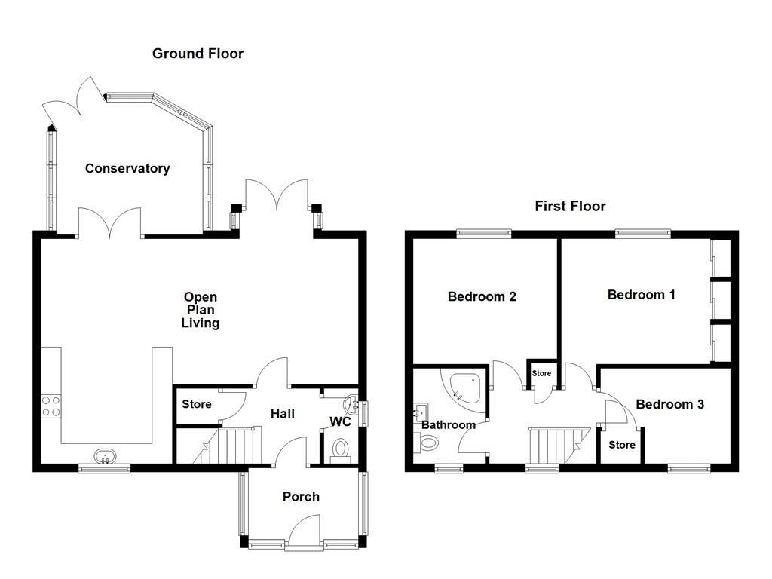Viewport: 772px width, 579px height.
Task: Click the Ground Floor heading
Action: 198,54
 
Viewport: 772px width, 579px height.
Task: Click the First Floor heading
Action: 570,207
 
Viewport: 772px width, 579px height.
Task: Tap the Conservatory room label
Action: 127,169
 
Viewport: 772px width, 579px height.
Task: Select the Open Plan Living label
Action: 200,310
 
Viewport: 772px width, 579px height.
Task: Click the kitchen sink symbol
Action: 105,455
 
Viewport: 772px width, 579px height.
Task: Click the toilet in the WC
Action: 340,449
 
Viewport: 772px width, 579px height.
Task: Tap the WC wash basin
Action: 351,402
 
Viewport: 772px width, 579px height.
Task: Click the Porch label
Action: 301,497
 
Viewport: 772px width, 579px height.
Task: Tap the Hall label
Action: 283,414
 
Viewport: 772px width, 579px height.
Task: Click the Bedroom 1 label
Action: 641,295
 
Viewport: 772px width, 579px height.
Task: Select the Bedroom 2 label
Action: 482,297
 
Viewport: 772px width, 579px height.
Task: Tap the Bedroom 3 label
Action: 669,405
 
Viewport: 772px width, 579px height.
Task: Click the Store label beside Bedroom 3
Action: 622,445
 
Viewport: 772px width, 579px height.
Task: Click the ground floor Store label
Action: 197,405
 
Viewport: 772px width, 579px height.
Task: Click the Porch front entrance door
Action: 305,528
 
